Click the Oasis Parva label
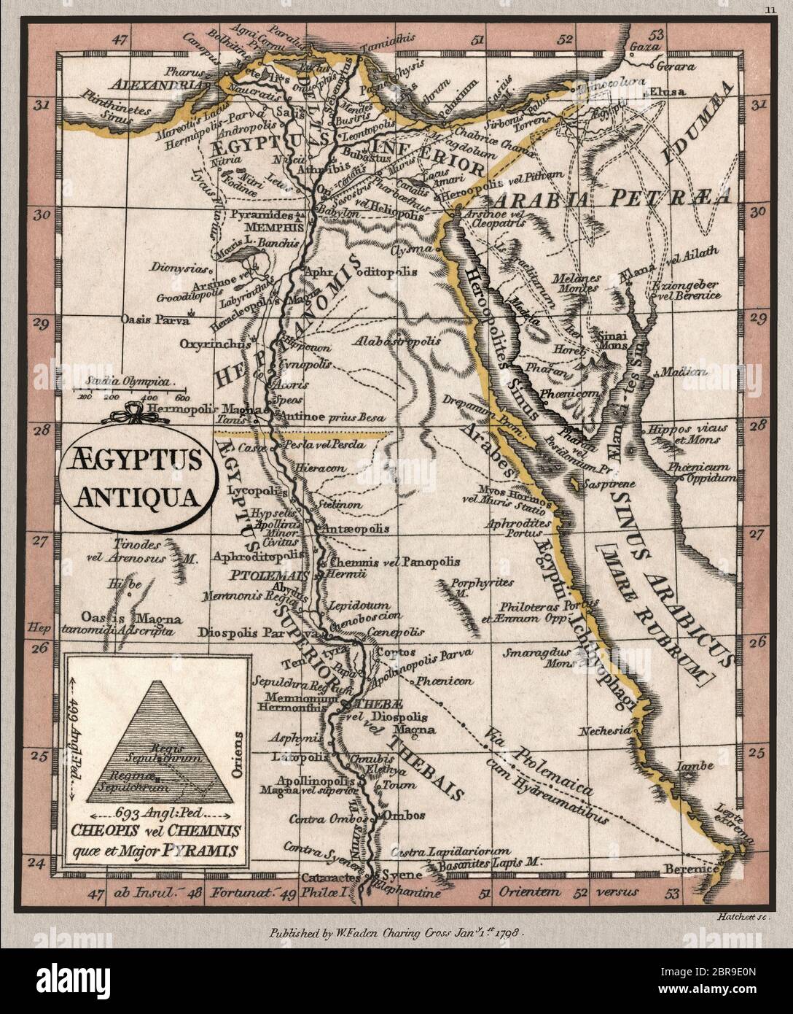pyautogui.click(x=155, y=320)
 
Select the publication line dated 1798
pyautogui.click(x=396, y=932)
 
